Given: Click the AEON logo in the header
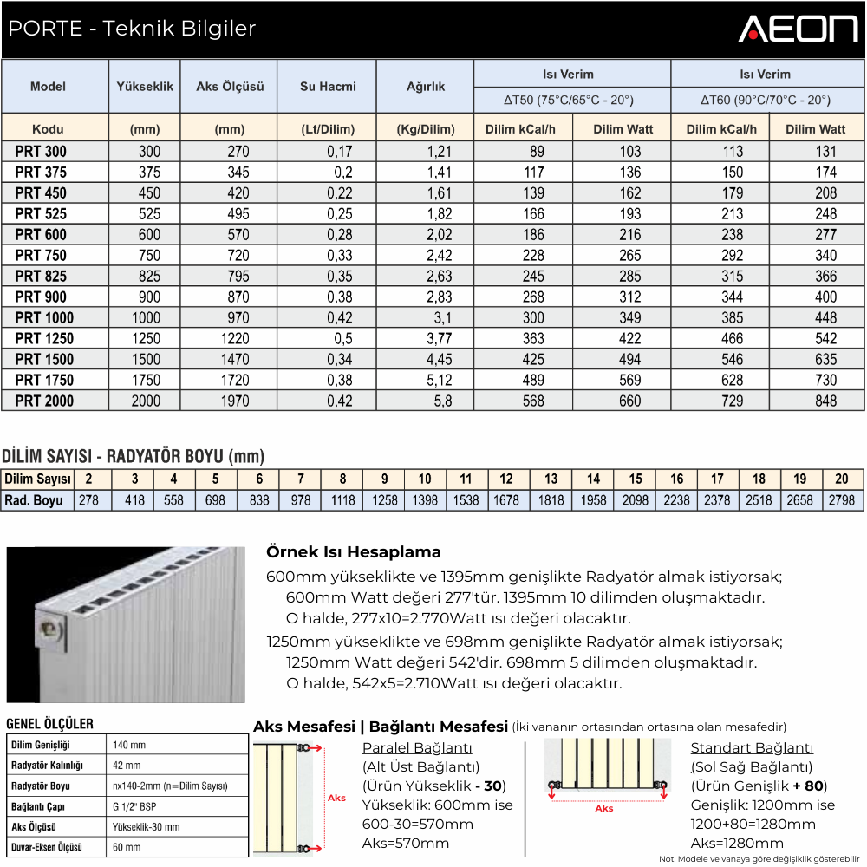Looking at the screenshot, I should (x=798, y=29).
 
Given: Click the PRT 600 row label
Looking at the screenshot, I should (x=41, y=234).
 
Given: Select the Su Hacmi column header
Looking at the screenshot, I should (x=328, y=87).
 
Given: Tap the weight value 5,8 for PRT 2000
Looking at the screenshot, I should (x=439, y=401).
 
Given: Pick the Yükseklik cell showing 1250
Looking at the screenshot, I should (x=145, y=338).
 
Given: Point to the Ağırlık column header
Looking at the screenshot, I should (x=426, y=87).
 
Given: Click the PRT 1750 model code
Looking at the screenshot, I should (x=44, y=380).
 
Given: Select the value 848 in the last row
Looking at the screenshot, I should (x=825, y=401).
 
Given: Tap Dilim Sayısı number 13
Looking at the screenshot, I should (x=551, y=479).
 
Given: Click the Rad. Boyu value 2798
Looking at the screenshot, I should (x=841, y=500).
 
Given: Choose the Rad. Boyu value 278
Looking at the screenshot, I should (x=88, y=500).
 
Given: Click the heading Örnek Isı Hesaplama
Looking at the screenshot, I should (x=354, y=552).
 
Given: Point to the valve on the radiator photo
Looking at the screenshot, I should (x=53, y=630).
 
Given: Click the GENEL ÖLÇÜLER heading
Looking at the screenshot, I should (x=49, y=724).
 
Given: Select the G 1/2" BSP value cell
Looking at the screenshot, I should (x=135, y=806).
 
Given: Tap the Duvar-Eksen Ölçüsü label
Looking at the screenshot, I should (x=47, y=847).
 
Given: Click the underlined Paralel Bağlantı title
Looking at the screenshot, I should (x=416, y=748).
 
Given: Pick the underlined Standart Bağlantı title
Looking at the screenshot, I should (x=752, y=748).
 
